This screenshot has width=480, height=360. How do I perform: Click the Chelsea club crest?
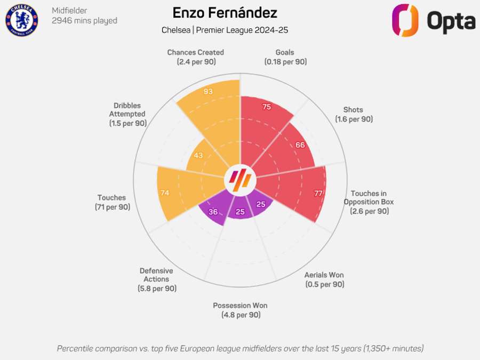click(x=22, y=20)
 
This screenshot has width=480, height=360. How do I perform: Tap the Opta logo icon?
click(x=405, y=20)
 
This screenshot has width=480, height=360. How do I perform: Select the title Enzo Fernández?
click(x=225, y=13)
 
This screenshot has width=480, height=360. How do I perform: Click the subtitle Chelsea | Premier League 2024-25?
click(x=225, y=30)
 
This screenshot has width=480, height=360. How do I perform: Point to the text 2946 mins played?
click(x=84, y=21)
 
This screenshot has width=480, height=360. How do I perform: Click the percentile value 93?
click(x=209, y=91)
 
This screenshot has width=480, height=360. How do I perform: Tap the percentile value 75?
click(x=267, y=107)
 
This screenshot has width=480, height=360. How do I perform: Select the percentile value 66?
click(x=300, y=145)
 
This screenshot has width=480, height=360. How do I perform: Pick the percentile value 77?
click(x=318, y=194)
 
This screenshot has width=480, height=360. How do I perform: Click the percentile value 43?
click(x=198, y=155)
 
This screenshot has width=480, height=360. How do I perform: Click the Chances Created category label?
click(x=195, y=57)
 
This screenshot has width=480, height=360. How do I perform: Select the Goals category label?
click(x=285, y=57)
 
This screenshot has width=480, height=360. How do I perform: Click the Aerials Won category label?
click(x=324, y=279)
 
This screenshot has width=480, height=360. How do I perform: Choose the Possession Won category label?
click(x=240, y=310)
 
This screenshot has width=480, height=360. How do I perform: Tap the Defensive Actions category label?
click(x=156, y=279)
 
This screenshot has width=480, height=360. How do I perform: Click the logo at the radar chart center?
click(x=240, y=181)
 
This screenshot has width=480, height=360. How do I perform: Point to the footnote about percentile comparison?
click(x=240, y=348)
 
